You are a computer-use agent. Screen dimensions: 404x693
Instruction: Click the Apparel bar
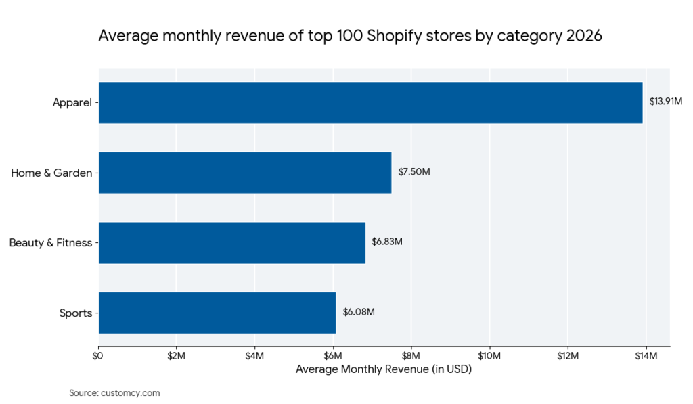coord(370,102)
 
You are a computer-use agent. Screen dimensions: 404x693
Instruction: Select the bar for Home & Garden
coord(245,172)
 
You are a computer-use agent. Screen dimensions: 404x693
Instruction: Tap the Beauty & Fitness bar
coord(232,242)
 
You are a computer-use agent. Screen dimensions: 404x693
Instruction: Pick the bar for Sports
coord(217,312)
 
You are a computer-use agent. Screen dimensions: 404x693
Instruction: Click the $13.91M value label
coord(665,102)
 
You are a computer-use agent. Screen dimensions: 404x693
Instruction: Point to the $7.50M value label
coord(413,172)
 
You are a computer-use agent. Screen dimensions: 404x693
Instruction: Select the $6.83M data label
coord(387,242)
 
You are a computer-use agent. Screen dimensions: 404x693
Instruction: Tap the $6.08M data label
coord(359,312)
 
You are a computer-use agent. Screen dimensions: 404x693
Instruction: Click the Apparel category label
coord(72,103)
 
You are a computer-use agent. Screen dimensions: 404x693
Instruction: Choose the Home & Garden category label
coord(51,173)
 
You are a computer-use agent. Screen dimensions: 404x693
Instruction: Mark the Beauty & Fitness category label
coord(50,242)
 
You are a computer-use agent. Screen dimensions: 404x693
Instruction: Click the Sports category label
coord(75,313)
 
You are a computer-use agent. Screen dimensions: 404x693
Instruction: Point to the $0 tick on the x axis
coord(99,356)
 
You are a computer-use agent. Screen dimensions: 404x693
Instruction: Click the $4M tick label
coord(254,356)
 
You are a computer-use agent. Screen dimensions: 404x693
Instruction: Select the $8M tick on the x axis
coord(411,356)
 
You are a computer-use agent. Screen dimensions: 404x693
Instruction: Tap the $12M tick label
coord(567,356)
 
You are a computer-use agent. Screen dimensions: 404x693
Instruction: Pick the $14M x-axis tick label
coord(646,356)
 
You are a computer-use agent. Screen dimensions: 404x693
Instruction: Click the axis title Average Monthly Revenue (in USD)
coord(383,369)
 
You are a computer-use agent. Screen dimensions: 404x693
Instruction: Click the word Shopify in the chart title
coord(396,36)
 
